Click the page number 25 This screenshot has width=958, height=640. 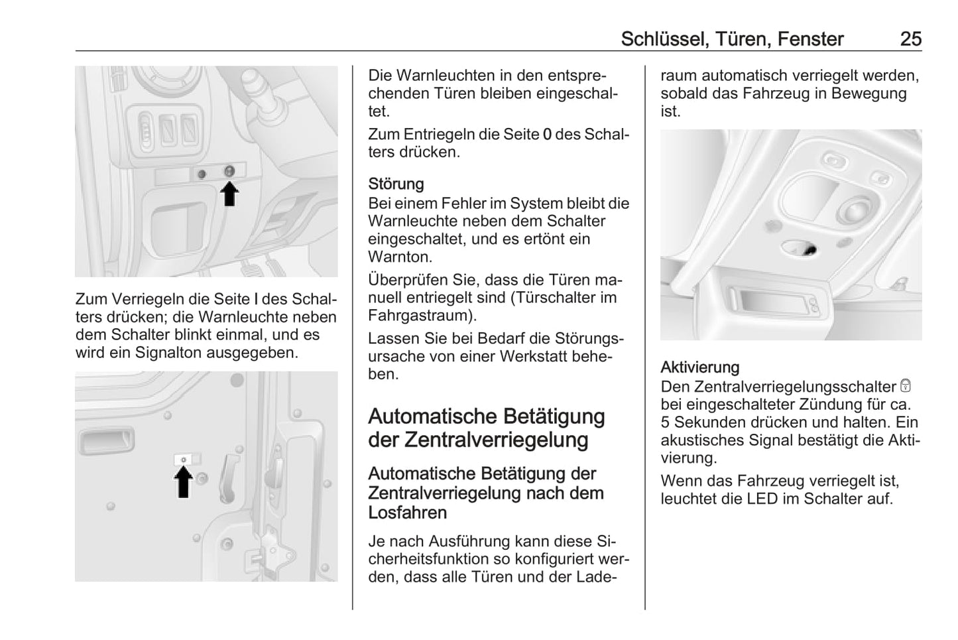(910, 39)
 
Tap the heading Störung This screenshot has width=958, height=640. (396, 184)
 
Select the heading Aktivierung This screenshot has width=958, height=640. (699, 367)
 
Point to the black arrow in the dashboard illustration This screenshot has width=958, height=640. (229, 194)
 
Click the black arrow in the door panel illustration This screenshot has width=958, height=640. (184, 482)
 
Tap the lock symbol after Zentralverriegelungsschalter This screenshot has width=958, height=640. (906, 386)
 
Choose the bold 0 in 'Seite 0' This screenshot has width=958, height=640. (547, 134)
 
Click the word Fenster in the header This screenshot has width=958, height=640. (810, 39)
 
